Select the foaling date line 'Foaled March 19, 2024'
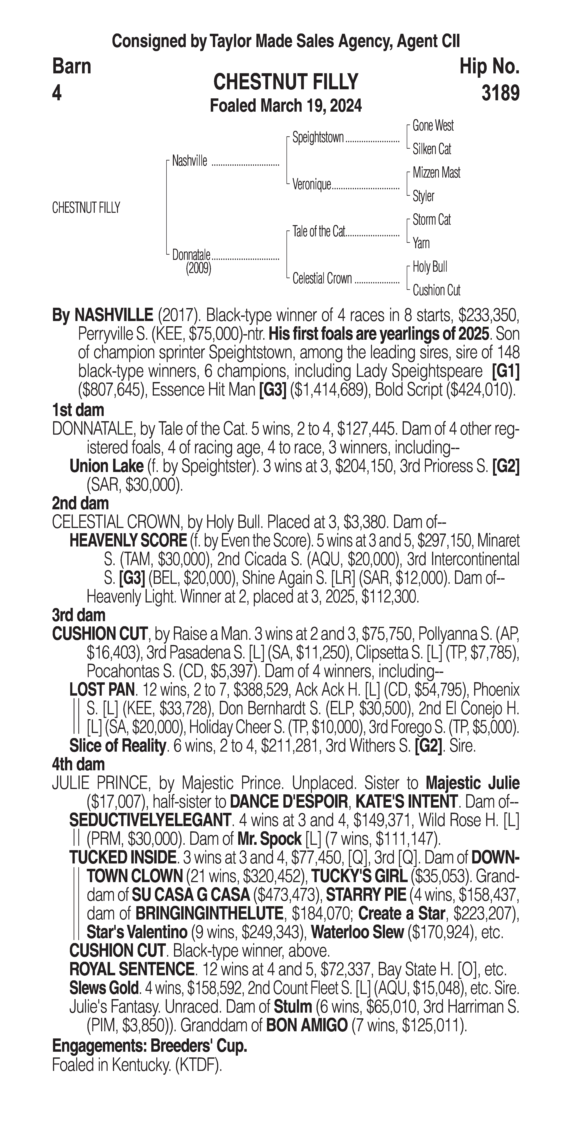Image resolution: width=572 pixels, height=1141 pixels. coord(286,106)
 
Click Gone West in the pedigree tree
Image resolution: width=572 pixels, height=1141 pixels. coord(433,126)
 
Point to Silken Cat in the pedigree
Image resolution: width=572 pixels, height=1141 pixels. coord(431,149)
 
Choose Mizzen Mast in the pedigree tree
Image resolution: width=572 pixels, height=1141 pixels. coord(436,173)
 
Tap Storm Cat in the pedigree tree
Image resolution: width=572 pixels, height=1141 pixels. coord(431,220)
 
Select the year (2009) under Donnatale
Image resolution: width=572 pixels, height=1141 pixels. coord(198,268)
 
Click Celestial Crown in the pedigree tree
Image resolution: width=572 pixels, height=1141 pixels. coord(322,279)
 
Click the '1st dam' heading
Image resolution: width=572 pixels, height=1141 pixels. coord(78,410)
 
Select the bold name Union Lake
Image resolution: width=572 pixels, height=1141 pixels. coord(106,466)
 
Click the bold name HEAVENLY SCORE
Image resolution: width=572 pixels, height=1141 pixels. coord(128,541)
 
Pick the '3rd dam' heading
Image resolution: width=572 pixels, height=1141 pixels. coord(79,615)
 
